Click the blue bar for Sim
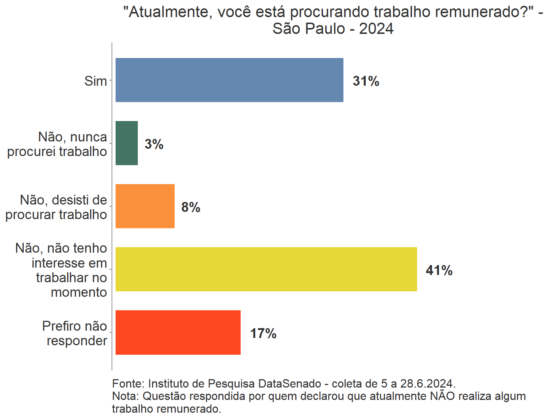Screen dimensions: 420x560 click(229, 80)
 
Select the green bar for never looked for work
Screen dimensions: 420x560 click(127, 143)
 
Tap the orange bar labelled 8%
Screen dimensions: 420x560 click(145, 206)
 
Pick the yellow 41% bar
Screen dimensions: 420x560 click(266, 269)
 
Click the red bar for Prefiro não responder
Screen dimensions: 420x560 click(178, 332)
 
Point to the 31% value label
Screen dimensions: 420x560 click(366, 81)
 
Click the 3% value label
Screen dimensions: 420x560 click(154, 144)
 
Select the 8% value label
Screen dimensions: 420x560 click(191, 207)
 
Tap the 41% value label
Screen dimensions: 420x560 click(439, 270)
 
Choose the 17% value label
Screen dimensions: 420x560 click(263, 333)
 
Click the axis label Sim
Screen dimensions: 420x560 click(96, 81)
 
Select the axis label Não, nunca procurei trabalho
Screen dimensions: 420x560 click(57, 144)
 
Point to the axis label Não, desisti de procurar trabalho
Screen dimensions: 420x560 click(56, 207)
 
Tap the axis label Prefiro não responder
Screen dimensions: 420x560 click(75, 333)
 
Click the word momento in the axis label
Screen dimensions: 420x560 click(79, 292)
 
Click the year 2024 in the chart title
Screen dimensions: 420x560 click(376, 28)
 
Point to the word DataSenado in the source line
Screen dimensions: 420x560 click(290, 384)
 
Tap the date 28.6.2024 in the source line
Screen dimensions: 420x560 click(428, 384)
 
